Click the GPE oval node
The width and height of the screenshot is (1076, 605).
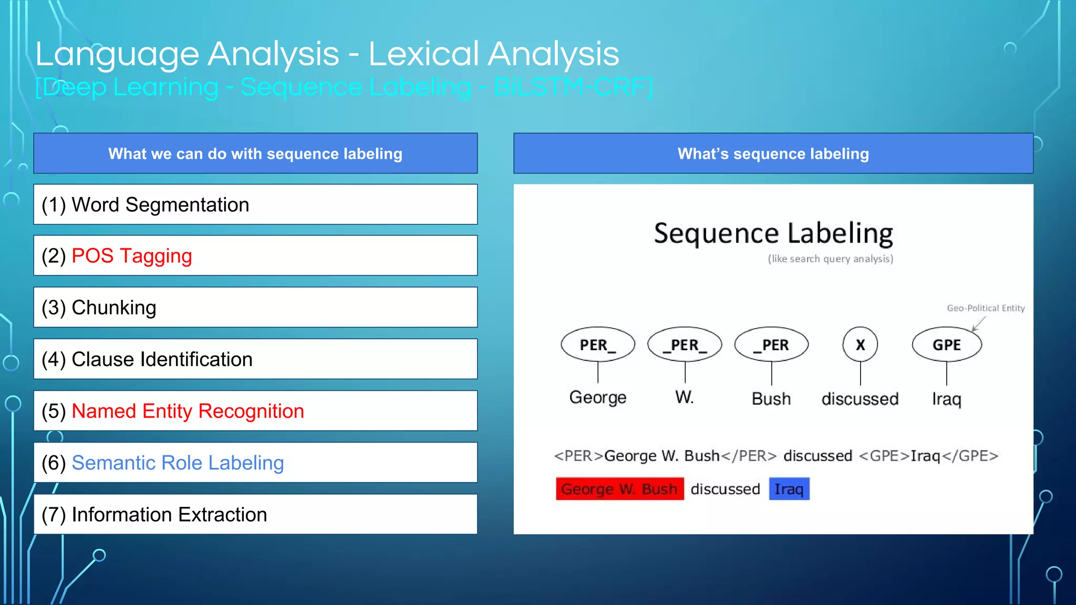[946, 345]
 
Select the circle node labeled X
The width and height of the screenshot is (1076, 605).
[860, 345]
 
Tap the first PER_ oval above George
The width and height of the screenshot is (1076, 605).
[597, 345]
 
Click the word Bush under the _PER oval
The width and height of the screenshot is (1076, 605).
[771, 399]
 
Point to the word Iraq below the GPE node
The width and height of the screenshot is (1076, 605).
[946, 399]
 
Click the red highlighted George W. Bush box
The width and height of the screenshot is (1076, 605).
[619, 489]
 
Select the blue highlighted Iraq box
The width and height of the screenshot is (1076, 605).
[789, 489]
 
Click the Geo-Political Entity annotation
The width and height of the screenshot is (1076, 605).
[985, 308]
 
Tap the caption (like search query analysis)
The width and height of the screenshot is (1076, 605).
[830, 259]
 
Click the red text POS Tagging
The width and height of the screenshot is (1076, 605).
[131, 256]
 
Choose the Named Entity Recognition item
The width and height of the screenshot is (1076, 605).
[188, 411]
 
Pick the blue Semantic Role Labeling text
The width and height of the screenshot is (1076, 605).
[178, 463]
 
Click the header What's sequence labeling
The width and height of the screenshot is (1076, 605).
[773, 153]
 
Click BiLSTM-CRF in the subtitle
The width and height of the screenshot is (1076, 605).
[573, 87]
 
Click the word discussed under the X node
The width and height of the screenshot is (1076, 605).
[860, 399]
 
